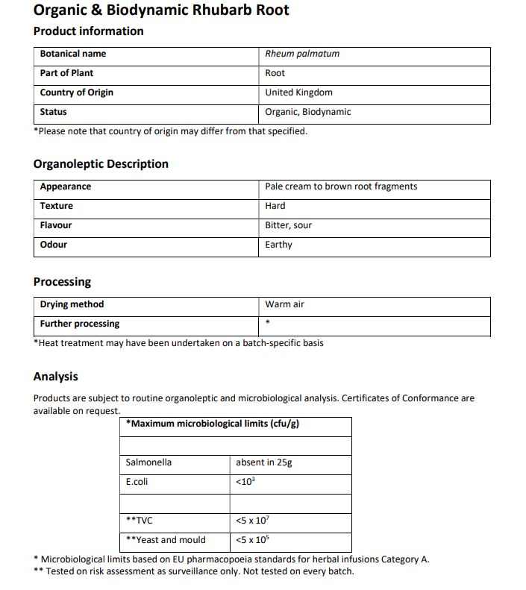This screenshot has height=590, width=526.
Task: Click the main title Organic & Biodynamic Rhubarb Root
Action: [161, 10]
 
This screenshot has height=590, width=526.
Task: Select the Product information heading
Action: [89, 31]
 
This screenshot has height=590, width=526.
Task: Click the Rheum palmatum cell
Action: [302, 54]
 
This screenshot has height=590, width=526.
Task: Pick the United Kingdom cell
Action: [299, 92]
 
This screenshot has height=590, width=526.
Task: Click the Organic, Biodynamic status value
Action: [308, 112]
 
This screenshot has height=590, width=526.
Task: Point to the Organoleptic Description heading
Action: [101, 164]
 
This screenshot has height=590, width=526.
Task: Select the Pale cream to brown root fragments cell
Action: [341, 186]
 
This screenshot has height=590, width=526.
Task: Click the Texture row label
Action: [57, 206]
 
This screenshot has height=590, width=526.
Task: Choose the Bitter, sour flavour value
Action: [289, 225]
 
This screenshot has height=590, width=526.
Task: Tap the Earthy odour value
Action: [279, 245]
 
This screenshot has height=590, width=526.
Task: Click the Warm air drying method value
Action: [285, 304]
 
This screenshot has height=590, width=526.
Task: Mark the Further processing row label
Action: [80, 324]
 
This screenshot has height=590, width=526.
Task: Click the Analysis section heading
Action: [56, 377]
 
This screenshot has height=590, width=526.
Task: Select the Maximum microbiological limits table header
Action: [213, 424]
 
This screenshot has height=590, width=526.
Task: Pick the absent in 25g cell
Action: [264, 462]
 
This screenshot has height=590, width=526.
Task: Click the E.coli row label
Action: [137, 482]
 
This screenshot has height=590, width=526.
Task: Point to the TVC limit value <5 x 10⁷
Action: [252, 520]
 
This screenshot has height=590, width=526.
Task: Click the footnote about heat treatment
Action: [178, 343]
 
